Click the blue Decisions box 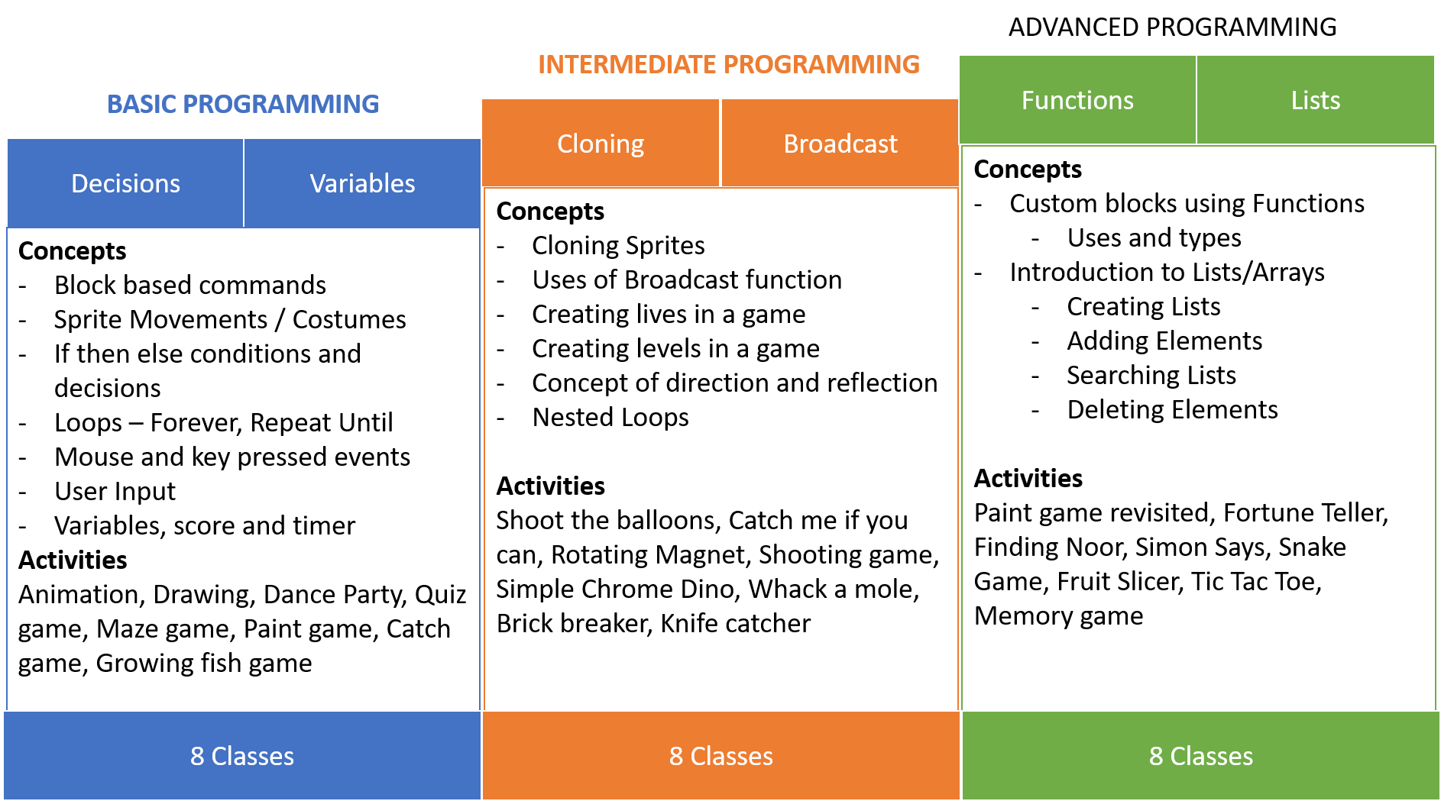125,183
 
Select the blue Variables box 362,183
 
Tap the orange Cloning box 601,144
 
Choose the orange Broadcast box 840,144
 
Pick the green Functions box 1077,100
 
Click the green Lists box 1315,100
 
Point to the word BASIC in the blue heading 141,104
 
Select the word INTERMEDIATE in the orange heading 627,64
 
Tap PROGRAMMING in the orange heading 821,64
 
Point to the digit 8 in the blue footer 197,756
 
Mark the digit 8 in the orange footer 676,756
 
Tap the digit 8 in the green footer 1156,756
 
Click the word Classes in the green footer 1212,756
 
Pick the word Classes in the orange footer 732,756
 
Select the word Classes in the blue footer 253,756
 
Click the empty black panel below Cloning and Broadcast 720,449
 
